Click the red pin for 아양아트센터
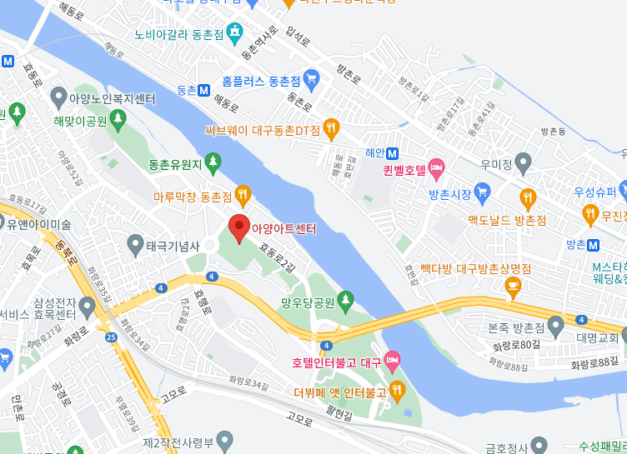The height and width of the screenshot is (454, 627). click(239, 227)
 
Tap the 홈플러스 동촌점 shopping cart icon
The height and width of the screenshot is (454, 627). click(312, 80)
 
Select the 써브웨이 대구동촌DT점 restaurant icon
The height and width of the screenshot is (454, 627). click(332, 128)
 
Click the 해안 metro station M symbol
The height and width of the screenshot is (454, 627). click(393, 152)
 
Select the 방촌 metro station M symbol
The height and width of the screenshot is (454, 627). click(594, 245)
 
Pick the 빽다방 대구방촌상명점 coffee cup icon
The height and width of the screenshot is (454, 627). click(514, 287)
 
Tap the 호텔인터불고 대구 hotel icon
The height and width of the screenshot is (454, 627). click(393, 360)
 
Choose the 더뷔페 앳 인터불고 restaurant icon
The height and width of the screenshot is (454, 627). click(397, 388)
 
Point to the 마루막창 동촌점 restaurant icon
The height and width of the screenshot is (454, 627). click(243, 195)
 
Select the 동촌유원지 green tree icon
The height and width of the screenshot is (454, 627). click(213, 161)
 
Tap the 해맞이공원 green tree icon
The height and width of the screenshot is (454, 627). click(117, 120)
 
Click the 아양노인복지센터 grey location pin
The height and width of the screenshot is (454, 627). click(58, 98)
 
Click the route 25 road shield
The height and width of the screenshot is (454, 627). click(111, 337)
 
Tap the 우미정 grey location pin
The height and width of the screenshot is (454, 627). click(523, 162)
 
